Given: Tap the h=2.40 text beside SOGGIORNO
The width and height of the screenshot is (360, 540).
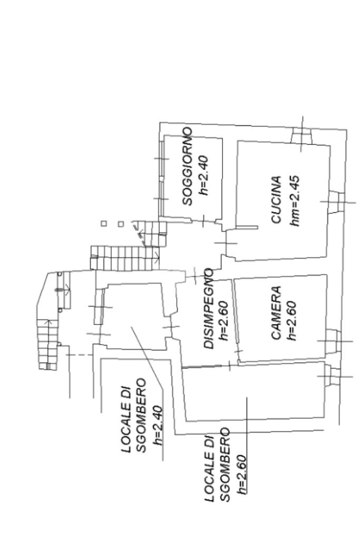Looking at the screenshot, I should tap(203, 174).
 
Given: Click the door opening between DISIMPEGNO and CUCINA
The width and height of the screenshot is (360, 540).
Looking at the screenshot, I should tap(228, 243).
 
